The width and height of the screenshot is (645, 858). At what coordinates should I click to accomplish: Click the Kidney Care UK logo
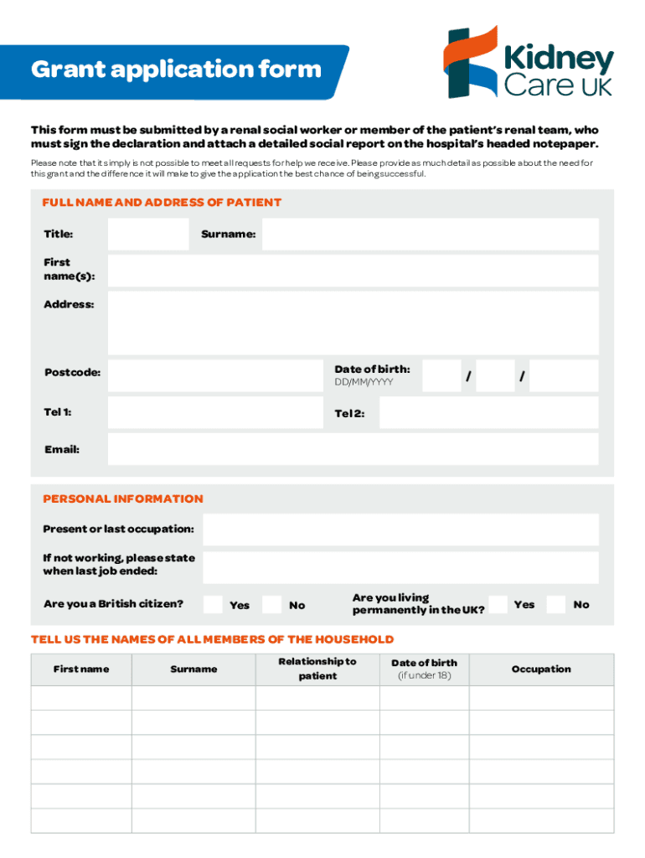coord(529,62)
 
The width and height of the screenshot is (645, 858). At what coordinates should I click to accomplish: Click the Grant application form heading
coord(176,69)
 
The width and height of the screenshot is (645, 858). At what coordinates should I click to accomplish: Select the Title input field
coord(148,235)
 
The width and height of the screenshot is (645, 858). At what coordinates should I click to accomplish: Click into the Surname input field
coord(431,235)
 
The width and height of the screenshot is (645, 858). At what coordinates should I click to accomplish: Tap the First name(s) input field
coord(353,271)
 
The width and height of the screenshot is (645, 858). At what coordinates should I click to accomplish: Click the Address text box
coord(353,323)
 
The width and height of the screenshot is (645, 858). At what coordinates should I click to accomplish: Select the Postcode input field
coord(214,376)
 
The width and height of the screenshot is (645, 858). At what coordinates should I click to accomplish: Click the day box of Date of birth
coord(441,376)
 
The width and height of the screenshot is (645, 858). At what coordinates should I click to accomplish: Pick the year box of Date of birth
coord(564,376)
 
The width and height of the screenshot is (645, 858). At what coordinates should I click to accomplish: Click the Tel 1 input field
coord(214,412)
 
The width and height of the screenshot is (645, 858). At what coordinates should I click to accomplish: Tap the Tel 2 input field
coord(488,412)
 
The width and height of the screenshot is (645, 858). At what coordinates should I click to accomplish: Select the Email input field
coord(353,449)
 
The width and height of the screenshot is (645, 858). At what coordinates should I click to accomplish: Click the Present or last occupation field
coord(400,530)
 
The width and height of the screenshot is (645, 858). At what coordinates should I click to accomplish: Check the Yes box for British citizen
coord(214,604)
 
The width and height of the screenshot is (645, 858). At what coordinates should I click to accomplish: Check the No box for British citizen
coord(271,604)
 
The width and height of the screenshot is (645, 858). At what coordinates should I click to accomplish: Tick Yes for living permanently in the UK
coord(498,604)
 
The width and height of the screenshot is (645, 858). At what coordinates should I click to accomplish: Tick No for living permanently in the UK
coord(555,604)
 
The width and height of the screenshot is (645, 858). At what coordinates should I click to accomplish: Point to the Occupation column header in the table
coord(541,669)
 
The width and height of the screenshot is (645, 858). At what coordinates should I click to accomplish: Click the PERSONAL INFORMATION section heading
coord(123,499)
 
